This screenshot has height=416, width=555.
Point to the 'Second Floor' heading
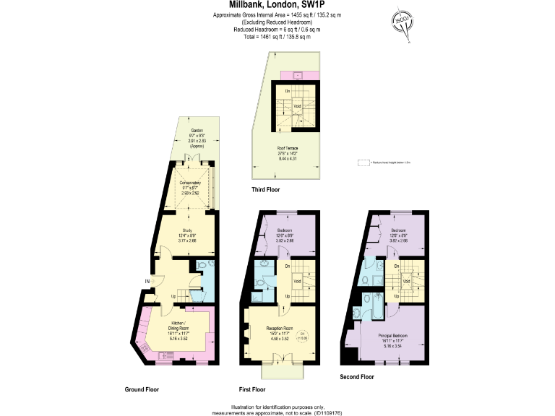[x=357, y=377]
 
